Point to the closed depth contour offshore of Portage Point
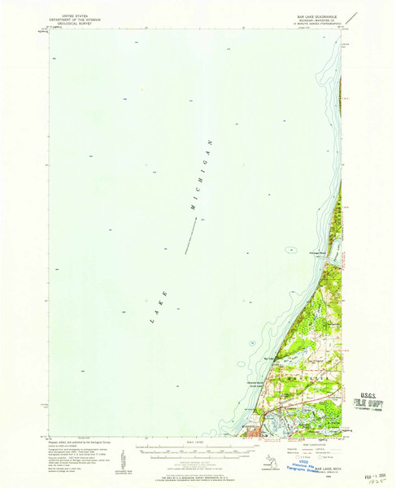pos(289,250)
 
